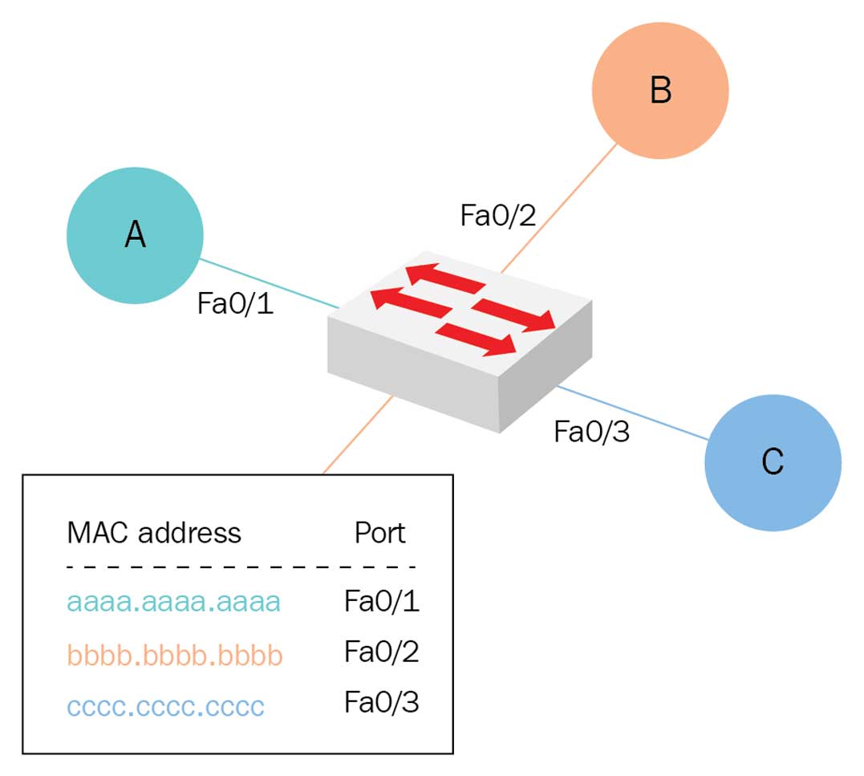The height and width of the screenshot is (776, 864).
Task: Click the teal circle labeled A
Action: pos(135,235)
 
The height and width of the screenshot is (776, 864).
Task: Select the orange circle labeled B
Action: pos(659,90)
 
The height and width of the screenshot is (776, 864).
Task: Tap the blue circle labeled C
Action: pos(773,462)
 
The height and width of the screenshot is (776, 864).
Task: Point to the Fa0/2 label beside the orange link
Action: pos(497,215)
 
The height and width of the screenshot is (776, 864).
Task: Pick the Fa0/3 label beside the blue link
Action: pos(592,432)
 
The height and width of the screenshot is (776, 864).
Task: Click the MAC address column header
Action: pos(154,532)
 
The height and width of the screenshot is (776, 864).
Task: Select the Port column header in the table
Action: pos(380,532)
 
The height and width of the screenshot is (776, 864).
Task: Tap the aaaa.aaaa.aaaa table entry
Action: pos(174,602)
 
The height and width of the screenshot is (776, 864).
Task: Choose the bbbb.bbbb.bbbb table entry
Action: pos(175,655)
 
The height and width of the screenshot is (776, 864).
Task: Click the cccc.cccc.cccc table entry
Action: pos(166,707)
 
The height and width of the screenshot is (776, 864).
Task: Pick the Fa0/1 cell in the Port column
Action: pos(382,602)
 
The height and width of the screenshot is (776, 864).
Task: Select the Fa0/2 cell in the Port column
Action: pos(382,652)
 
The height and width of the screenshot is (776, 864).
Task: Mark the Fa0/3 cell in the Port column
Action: pos(382,704)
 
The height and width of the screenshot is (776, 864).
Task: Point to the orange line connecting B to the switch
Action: pos(562,205)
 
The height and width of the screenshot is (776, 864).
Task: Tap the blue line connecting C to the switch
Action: pos(634,413)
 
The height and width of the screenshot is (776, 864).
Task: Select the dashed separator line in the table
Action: pos(241,567)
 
